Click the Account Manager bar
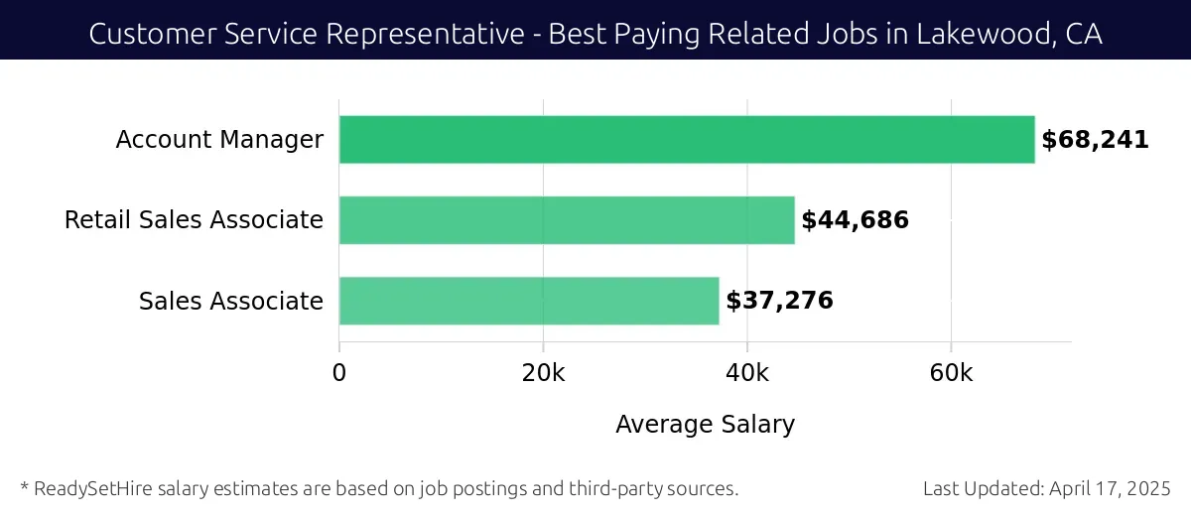click(686, 140)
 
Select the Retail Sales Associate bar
click(567, 220)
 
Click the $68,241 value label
click(1095, 140)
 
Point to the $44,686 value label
click(855, 220)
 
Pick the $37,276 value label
click(779, 301)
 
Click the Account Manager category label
click(219, 140)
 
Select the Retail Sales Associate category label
click(194, 220)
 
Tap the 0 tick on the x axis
click(339, 373)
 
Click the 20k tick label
click(543, 373)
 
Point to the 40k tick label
click(747, 373)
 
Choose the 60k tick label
click(951, 373)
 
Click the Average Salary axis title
click(705, 425)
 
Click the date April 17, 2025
click(1117, 488)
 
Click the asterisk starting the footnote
click(24, 486)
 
